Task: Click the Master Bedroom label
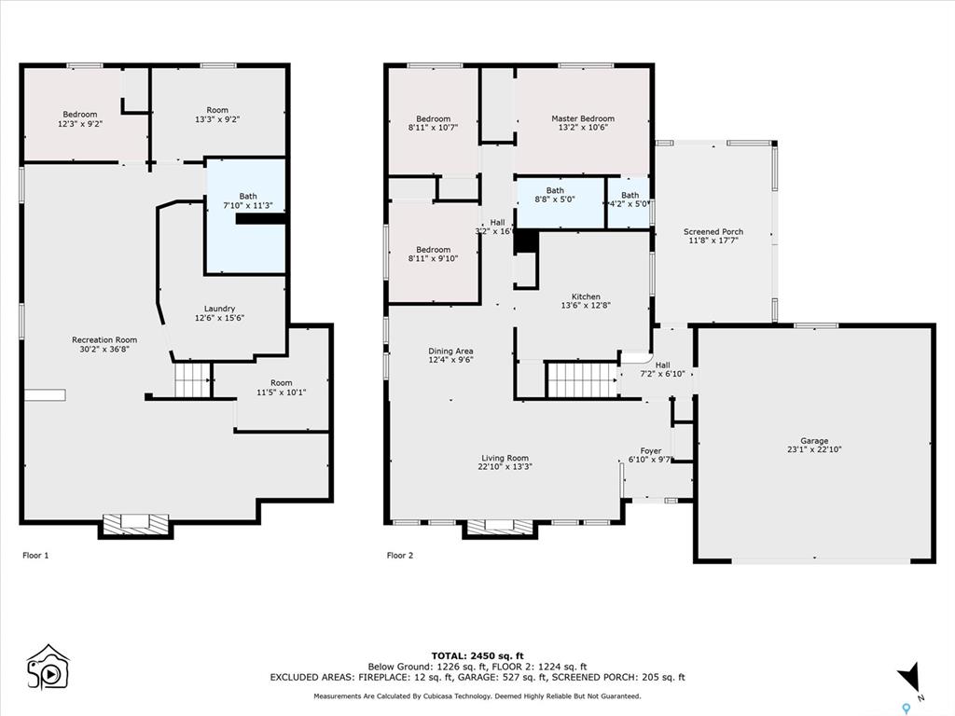point(583,123)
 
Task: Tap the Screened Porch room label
point(713,236)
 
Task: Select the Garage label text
point(814,445)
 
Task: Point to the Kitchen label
point(586,301)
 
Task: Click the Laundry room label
point(219,313)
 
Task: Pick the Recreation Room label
point(104,345)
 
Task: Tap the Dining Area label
point(450,355)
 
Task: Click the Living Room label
point(505,462)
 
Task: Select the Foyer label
point(650,455)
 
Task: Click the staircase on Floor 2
point(583,380)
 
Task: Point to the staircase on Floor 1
point(192,380)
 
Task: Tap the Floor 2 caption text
point(399,556)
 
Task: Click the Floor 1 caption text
point(35,556)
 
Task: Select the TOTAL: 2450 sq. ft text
point(477,655)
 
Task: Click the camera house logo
point(48,667)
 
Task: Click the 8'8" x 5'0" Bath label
point(555,195)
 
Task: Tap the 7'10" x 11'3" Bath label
point(248,200)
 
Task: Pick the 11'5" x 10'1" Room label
point(282,388)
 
